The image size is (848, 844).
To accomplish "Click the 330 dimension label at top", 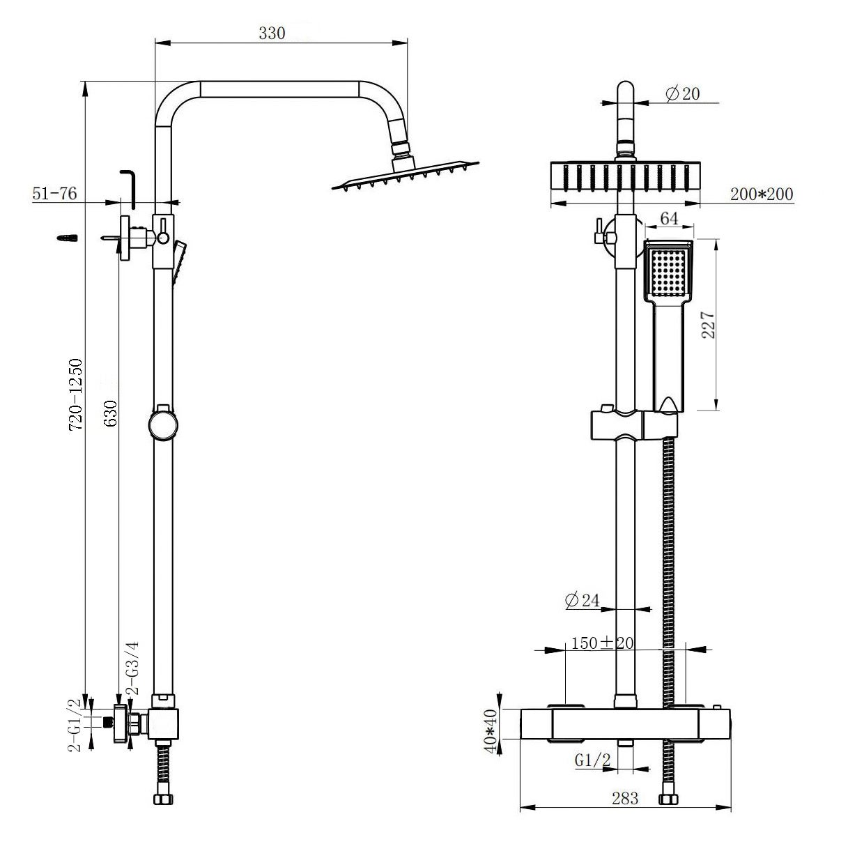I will pos(272,33).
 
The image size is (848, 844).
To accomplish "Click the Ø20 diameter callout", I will pos(682,94).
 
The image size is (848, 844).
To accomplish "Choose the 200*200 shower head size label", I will pos(761,194).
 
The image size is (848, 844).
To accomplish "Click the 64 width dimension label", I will pos(669,218).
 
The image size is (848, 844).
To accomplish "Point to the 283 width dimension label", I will pos(625,799).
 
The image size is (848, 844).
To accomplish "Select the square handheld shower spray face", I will pos(668,273).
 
